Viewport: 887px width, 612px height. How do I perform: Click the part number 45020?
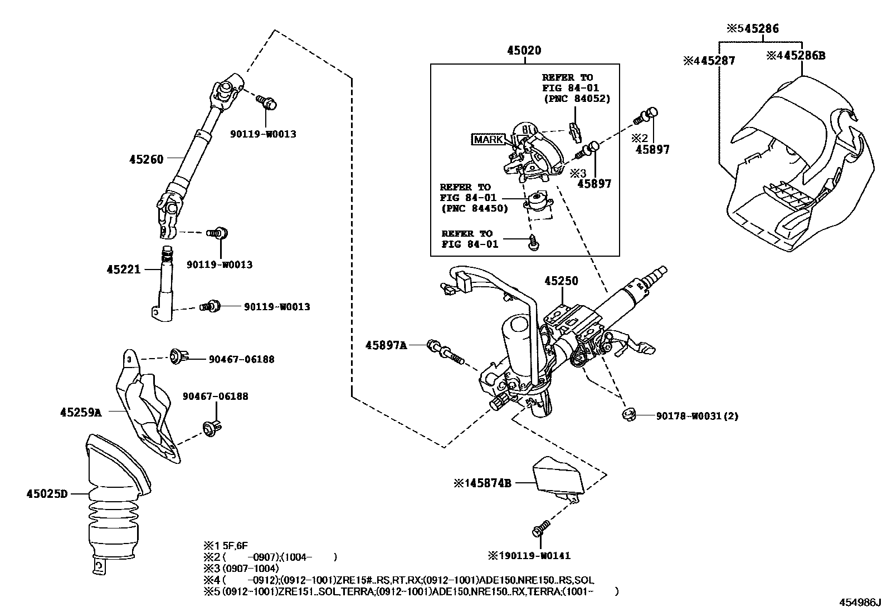(x=524, y=51)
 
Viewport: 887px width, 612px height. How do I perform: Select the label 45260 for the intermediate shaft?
(x=147, y=160)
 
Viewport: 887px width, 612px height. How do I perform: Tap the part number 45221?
(x=123, y=270)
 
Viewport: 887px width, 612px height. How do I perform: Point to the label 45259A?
(x=81, y=412)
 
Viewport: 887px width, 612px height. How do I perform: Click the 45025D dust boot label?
(x=47, y=493)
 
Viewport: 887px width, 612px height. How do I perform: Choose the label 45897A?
(x=386, y=345)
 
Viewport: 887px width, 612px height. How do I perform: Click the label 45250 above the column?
(x=561, y=282)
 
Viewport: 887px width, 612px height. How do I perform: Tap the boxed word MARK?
(x=488, y=139)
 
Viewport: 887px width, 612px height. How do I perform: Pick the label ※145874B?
(x=483, y=483)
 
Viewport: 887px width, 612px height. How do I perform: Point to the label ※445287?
(x=709, y=61)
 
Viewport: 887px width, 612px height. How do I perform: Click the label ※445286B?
(x=796, y=56)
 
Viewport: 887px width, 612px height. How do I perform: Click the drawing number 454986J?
(x=861, y=603)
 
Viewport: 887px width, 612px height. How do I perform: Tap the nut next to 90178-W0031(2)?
(x=628, y=414)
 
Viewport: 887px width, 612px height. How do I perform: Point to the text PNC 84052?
(x=577, y=99)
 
